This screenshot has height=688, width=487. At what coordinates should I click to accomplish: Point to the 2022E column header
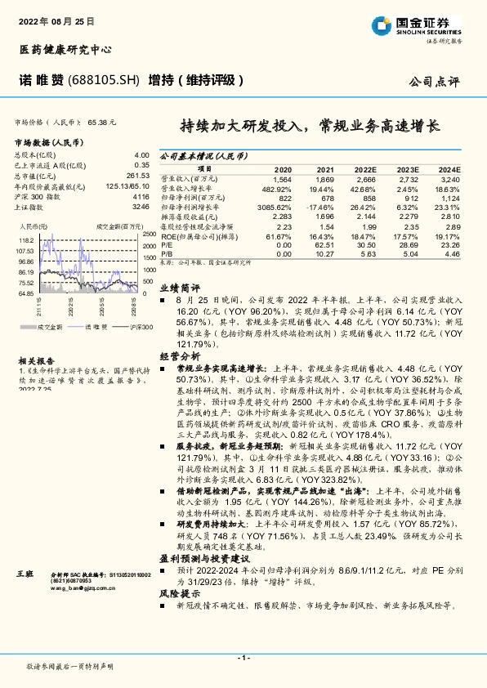(366, 168)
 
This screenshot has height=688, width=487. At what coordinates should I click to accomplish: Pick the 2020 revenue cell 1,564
(282, 178)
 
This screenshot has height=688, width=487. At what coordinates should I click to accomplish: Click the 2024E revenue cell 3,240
(450, 178)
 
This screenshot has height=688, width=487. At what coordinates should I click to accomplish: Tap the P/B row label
(165, 253)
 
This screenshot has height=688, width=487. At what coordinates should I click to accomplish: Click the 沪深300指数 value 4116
(141, 197)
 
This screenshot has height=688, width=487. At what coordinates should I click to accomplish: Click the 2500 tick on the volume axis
(149, 235)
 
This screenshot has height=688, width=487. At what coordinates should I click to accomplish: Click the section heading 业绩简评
(180, 288)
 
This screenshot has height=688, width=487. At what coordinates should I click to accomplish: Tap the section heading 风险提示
(180, 593)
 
